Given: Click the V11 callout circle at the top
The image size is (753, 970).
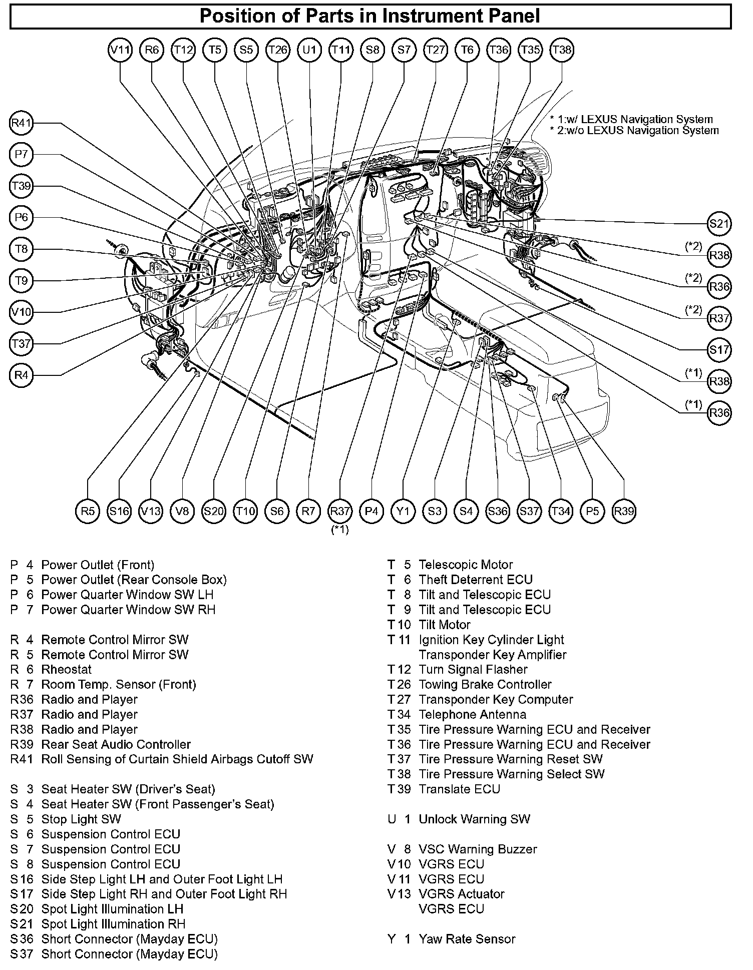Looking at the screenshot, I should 120,50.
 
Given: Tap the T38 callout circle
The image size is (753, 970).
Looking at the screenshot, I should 561,50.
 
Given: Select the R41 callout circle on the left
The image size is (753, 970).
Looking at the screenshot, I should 21,124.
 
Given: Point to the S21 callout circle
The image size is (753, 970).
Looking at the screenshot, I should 719,223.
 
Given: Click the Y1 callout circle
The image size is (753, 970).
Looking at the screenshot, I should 403,511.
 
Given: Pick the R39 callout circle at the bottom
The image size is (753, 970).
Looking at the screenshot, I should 624,511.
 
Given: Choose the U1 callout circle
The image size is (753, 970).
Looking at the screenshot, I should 309,50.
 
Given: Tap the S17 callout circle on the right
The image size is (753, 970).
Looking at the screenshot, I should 719,349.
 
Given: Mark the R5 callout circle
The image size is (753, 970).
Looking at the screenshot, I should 88,511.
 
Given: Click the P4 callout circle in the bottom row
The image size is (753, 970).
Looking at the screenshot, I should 371,511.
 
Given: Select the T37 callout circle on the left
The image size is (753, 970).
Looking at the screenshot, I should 21,344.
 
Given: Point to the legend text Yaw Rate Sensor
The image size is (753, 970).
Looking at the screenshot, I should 467,939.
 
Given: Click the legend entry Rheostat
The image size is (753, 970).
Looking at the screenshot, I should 67,669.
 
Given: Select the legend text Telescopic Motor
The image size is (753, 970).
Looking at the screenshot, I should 466,565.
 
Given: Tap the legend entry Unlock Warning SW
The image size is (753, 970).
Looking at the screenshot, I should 474,819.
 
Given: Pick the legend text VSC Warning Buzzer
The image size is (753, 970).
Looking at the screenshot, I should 478,849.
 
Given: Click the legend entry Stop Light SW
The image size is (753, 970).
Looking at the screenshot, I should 81,819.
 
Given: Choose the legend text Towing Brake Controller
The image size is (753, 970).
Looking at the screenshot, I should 485,684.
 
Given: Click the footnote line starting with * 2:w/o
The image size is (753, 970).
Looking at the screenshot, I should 634,131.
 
